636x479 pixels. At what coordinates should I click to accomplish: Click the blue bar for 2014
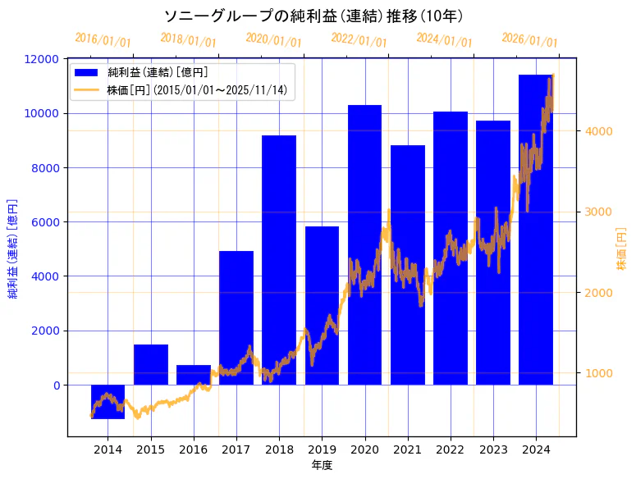tap(108, 402)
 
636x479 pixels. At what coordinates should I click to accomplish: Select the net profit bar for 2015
tap(151, 364)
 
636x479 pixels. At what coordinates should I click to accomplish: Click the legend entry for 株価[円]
tap(197, 89)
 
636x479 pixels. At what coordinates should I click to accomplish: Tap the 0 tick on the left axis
tap(55, 385)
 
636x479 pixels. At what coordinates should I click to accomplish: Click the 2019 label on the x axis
tap(322, 449)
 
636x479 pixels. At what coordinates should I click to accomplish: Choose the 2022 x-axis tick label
tap(450, 449)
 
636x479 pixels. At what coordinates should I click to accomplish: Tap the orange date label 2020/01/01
tap(273, 39)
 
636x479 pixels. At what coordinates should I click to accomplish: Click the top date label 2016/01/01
tap(103, 39)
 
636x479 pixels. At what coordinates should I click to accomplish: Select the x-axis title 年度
tap(322, 465)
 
